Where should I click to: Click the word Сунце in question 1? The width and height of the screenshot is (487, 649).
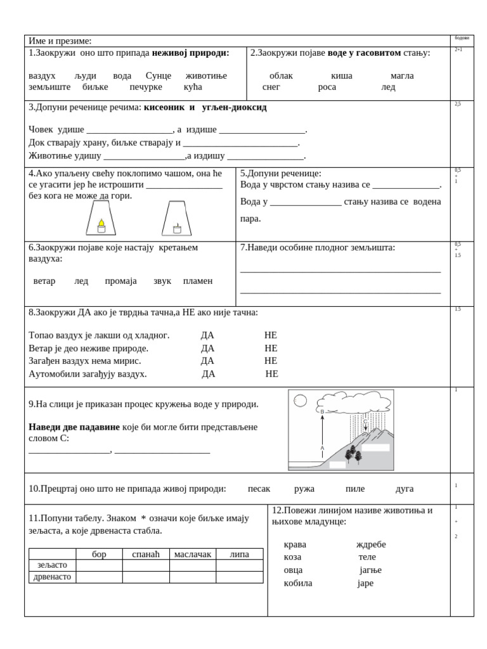click(159, 75)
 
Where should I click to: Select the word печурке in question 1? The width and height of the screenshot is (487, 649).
click(146, 87)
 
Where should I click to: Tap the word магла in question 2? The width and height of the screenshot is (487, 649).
click(401, 75)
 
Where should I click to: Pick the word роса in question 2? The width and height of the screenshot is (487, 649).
click(327, 87)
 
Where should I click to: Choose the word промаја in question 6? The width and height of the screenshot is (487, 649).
click(120, 281)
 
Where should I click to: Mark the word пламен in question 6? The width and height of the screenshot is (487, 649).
click(197, 281)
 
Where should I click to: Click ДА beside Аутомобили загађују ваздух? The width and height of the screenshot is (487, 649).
click(208, 374)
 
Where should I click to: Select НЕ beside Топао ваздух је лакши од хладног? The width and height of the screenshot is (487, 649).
click(271, 335)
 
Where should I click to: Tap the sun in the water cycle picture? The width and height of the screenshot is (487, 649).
click(300, 401)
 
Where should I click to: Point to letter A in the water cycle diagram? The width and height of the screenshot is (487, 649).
click(322, 447)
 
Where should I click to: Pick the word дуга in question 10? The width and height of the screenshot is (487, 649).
click(404, 489)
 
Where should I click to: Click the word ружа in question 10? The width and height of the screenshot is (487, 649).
click(304, 489)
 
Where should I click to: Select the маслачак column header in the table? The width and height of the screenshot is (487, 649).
click(193, 554)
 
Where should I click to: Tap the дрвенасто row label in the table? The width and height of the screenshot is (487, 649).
click(53, 577)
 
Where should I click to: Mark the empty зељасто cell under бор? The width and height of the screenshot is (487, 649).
click(100, 565)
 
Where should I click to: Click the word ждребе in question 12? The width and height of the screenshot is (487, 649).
click(370, 544)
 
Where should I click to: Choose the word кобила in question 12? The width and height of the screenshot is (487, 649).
click(298, 583)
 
